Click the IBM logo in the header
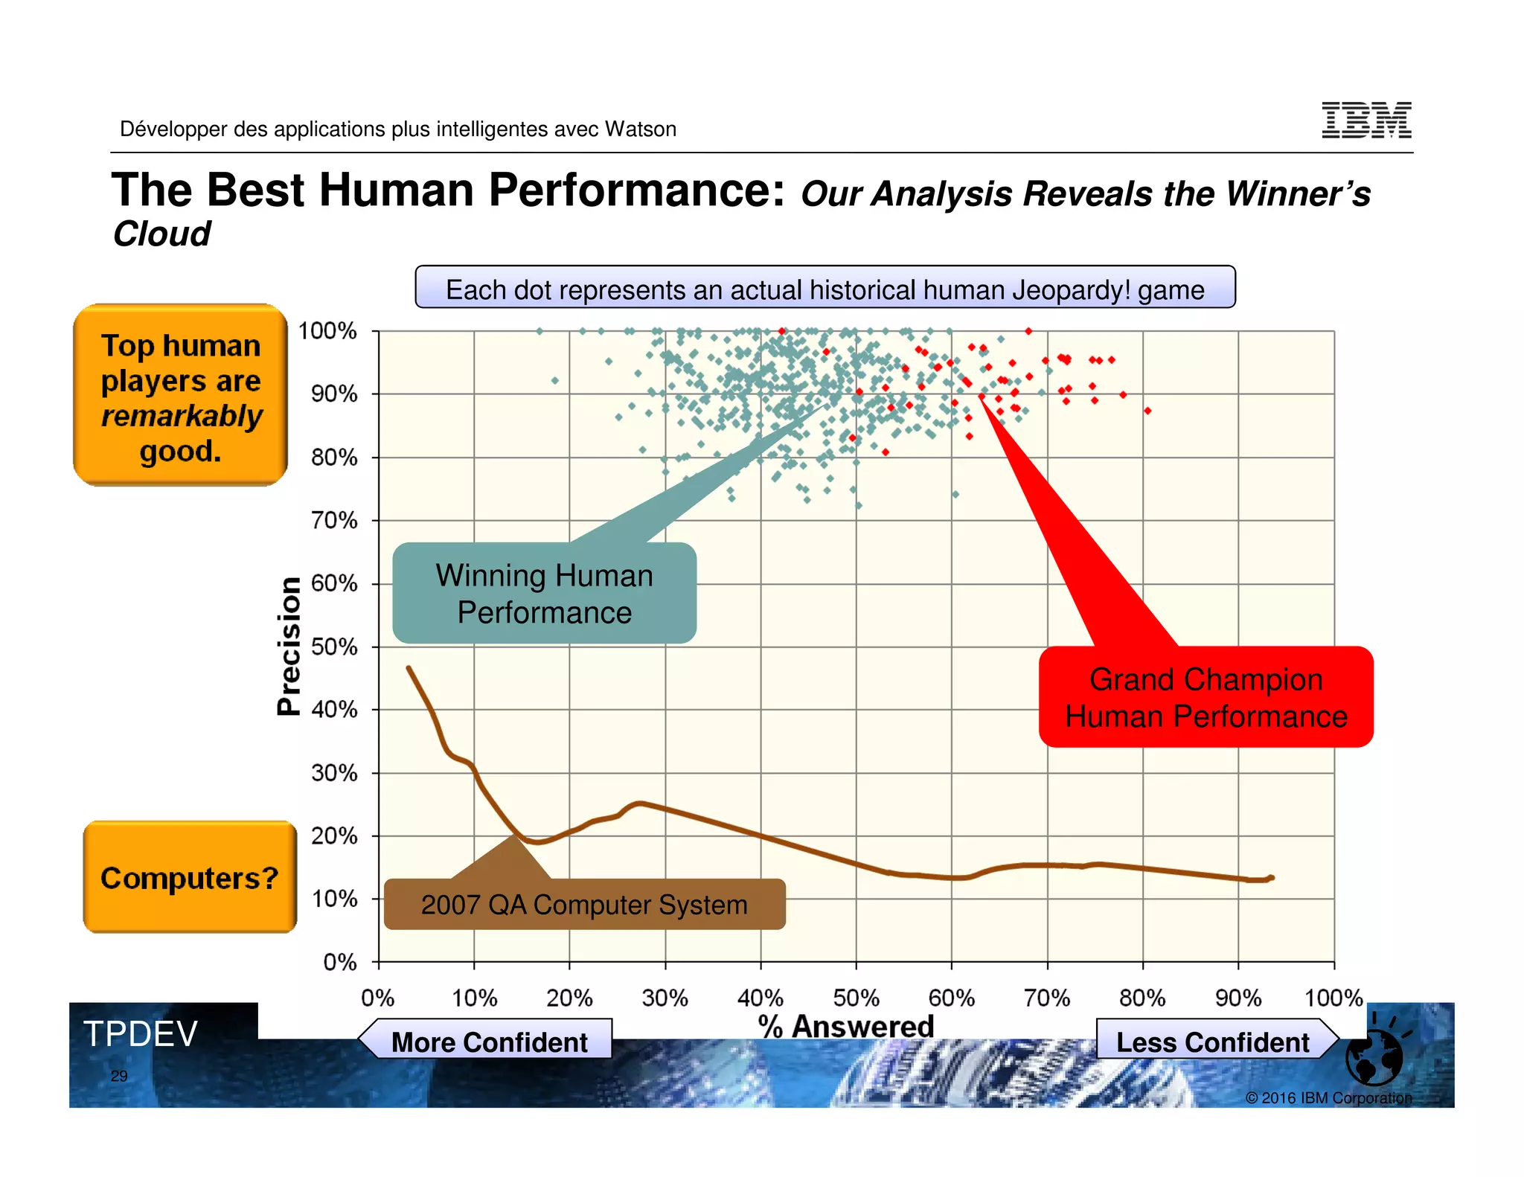point(1366,120)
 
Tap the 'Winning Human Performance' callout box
point(544,593)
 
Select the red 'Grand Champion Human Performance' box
point(1206,697)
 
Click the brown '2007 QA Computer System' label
point(584,905)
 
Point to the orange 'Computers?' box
point(190,877)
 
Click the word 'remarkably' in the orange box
point(182,415)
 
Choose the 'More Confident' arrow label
point(489,1042)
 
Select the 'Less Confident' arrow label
point(1212,1042)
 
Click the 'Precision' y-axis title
point(289,646)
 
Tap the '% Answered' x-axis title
point(846,1026)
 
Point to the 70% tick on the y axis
point(334,520)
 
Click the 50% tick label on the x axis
point(856,997)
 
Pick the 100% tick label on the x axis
point(1333,997)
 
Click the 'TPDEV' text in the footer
point(140,1033)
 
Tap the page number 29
point(119,1076)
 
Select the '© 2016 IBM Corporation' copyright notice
point(1328,1097)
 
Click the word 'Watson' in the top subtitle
point(640,129)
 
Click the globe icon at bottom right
point(1374,1057)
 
